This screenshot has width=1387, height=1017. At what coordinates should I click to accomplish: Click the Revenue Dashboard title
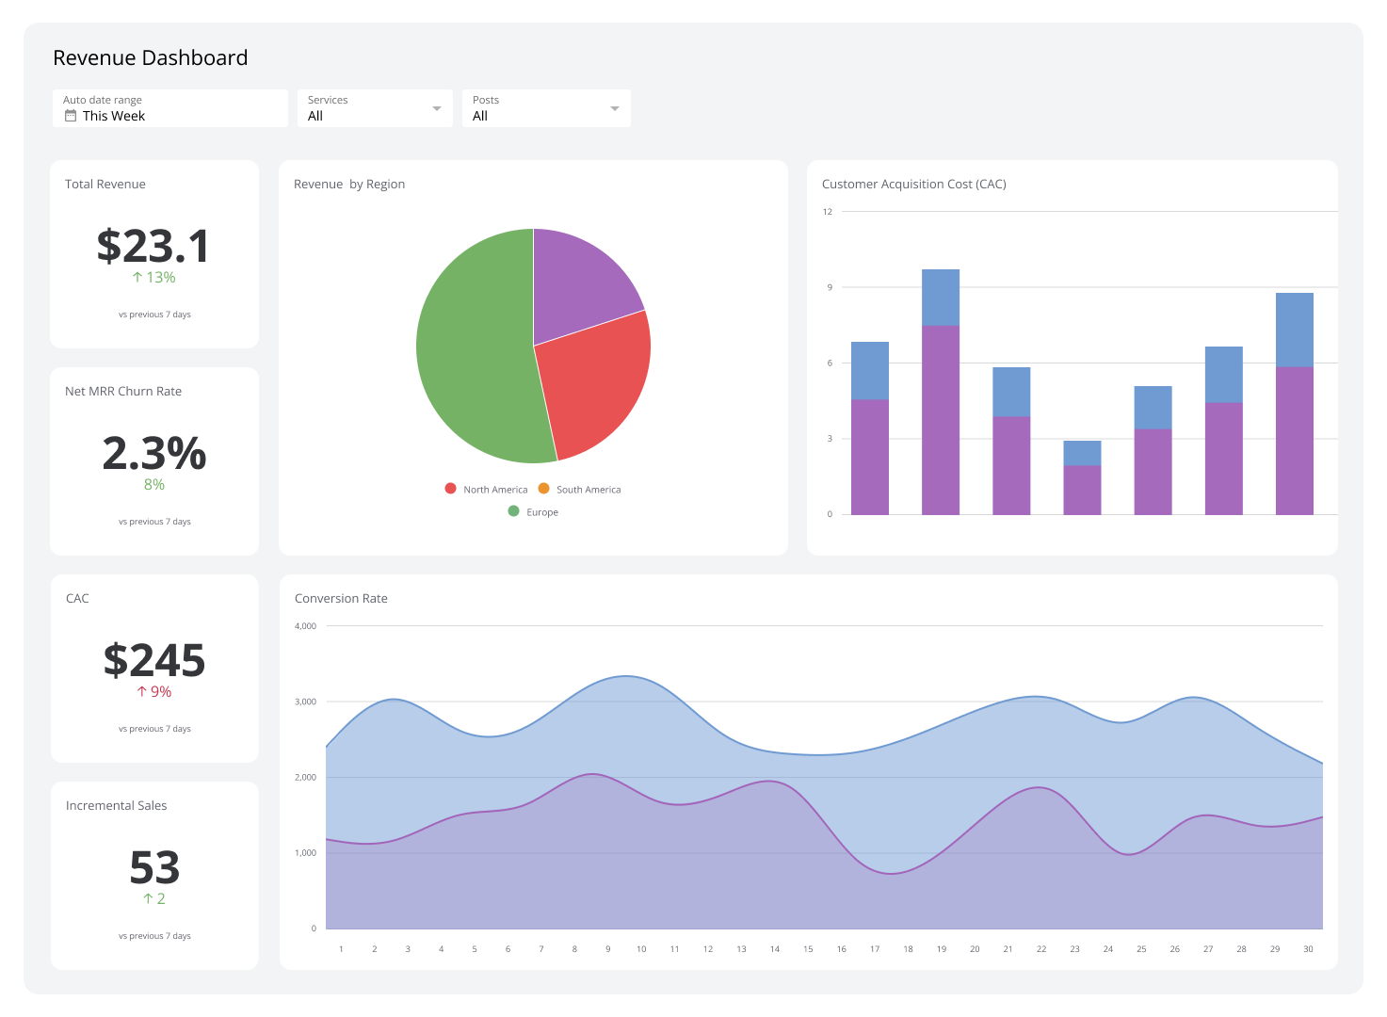pyautogui.click(x=150, y=58)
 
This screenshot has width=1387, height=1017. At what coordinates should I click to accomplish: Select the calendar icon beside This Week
pyautogui.click(x=71, y=116)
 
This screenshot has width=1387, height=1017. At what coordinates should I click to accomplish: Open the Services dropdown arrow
pyautogui.click(x=436, y=108)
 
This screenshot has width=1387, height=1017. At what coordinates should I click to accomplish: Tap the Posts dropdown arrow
pyautogui.click(x=614, y=108)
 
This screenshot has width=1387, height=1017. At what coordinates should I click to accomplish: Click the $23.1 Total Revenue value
pyautogui.click(x=153, y=247)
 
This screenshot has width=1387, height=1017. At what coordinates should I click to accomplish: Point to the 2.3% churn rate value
pyautogui.click(x=153, y=454)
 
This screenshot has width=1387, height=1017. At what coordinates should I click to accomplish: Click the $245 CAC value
pyautogui.click(x=153, y=661)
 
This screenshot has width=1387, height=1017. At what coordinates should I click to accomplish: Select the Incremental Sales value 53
pyautogui.click(x=153, y=868)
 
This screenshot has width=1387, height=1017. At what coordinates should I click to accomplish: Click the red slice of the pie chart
pyautogui.click(x=593, y=381)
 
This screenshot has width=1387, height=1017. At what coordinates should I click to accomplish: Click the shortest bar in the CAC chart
pyautogui.click(x=1082, y=480)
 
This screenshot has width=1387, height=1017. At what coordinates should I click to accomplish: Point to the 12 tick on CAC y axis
pyautogui.click(x=828, y=212)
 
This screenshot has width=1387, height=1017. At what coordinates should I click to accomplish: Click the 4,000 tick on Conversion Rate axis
pyautogui.click(x=305, y=626)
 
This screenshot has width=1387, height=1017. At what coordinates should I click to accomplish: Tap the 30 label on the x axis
pyautogui.click(x=1308, y=949)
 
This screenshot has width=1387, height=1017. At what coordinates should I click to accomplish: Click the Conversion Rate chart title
pyautogui.click(x=341, y=599)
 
